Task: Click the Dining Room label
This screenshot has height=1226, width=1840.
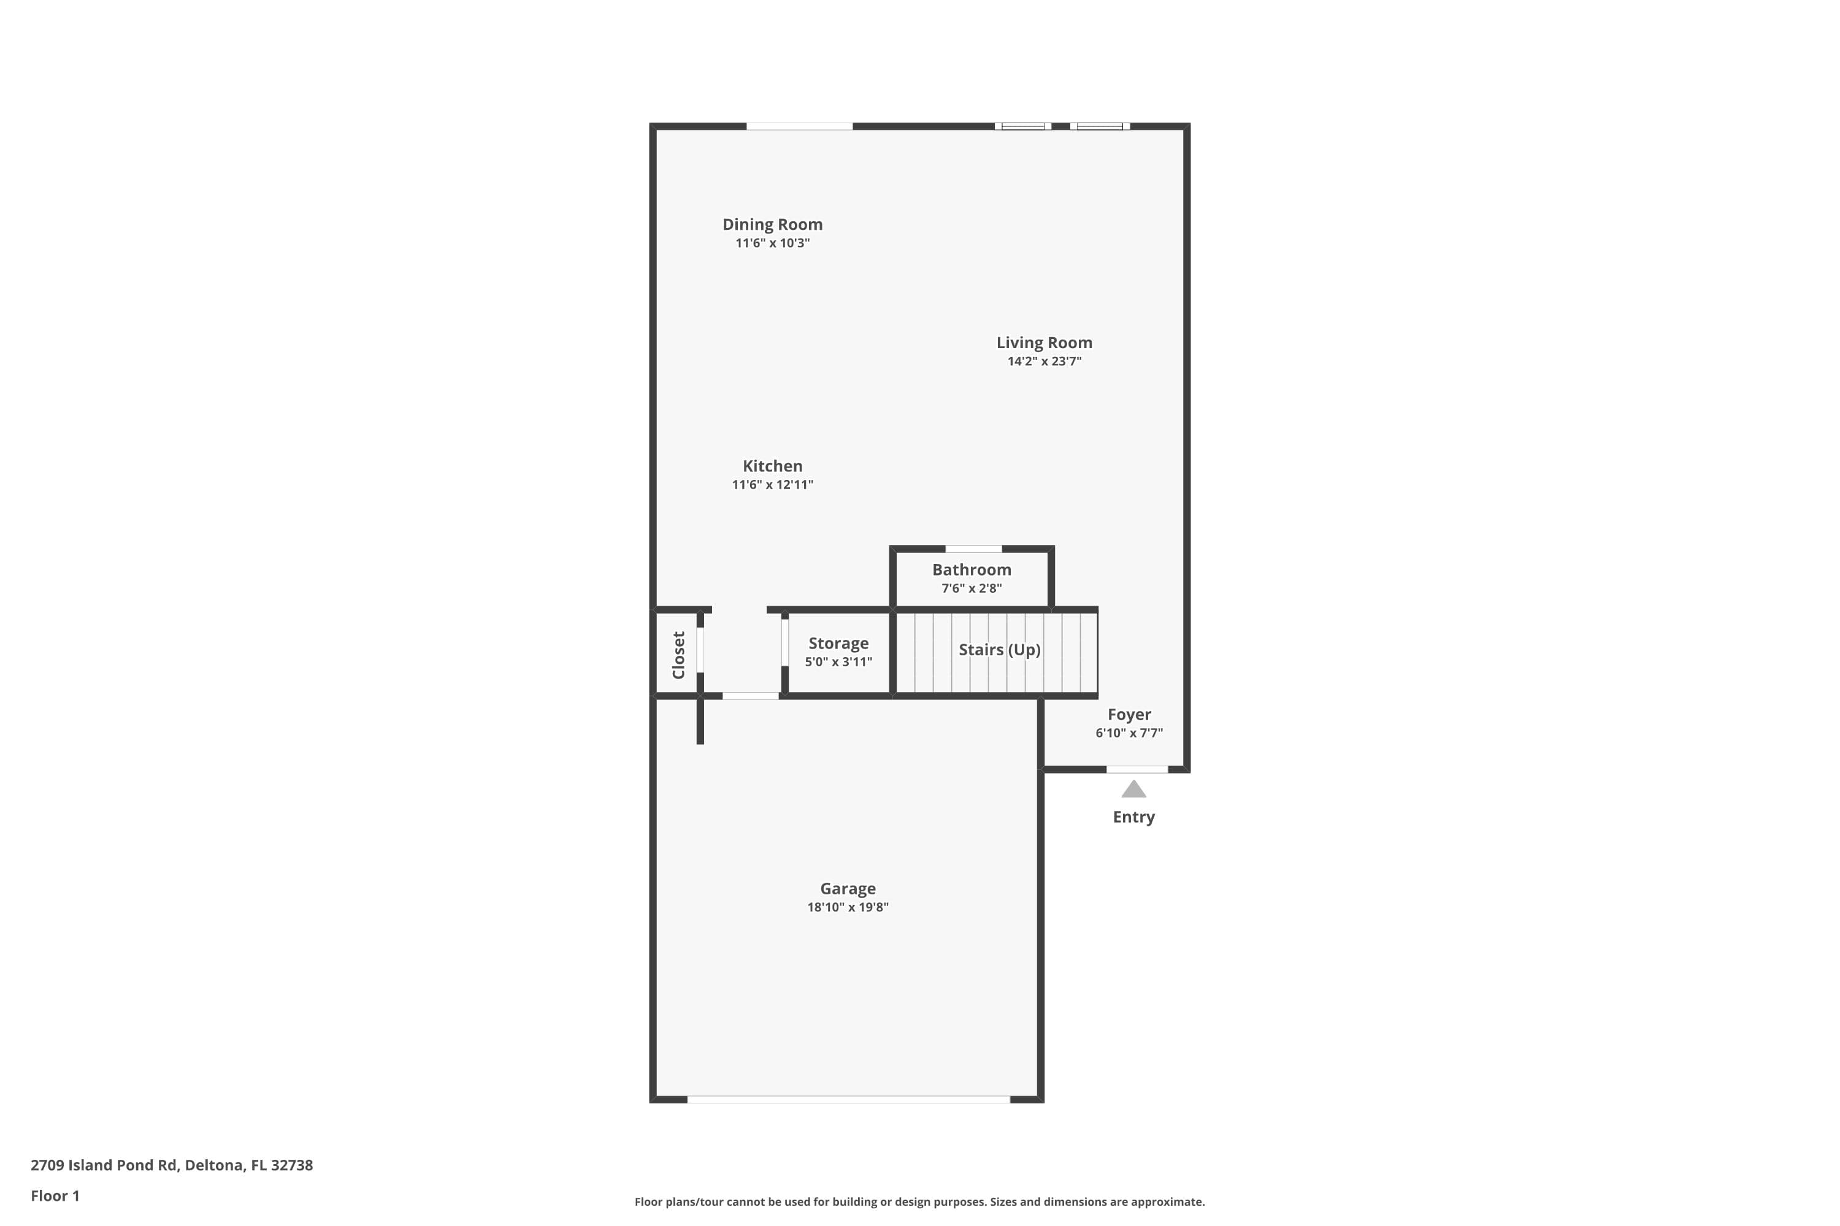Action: click(772, 224)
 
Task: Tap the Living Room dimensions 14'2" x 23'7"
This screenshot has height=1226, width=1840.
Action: click(1045, 361)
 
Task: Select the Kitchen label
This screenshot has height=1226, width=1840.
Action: click(772, 466)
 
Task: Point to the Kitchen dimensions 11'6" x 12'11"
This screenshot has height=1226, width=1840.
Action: click(772, 485)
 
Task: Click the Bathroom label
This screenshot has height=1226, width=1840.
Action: click(972, 570)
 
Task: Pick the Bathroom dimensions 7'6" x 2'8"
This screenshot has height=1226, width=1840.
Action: click(972, 588)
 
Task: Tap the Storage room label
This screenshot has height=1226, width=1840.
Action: click(838, 644)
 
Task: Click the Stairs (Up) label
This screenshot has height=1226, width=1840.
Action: click(1000, 650)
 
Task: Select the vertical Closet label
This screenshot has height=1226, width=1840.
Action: click(678, 655)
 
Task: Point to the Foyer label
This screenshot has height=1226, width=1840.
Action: click(1129, 715)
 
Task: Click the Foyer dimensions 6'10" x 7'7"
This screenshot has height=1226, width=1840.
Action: click(1129, 733)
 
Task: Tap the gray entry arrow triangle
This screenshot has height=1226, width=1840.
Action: click(1133, 790)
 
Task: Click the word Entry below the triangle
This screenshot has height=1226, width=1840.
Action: click(1133, 817)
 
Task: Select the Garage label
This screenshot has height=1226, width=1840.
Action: click(848, 888)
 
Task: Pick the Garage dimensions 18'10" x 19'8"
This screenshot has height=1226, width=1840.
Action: click(848, 907)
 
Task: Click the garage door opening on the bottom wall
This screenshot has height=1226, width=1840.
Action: click(849, 1099)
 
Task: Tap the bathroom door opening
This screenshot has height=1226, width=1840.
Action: click(974, 549)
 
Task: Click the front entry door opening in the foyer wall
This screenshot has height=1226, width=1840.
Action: click(1138, 769)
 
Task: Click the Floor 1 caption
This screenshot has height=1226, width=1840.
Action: click(55, 1195)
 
